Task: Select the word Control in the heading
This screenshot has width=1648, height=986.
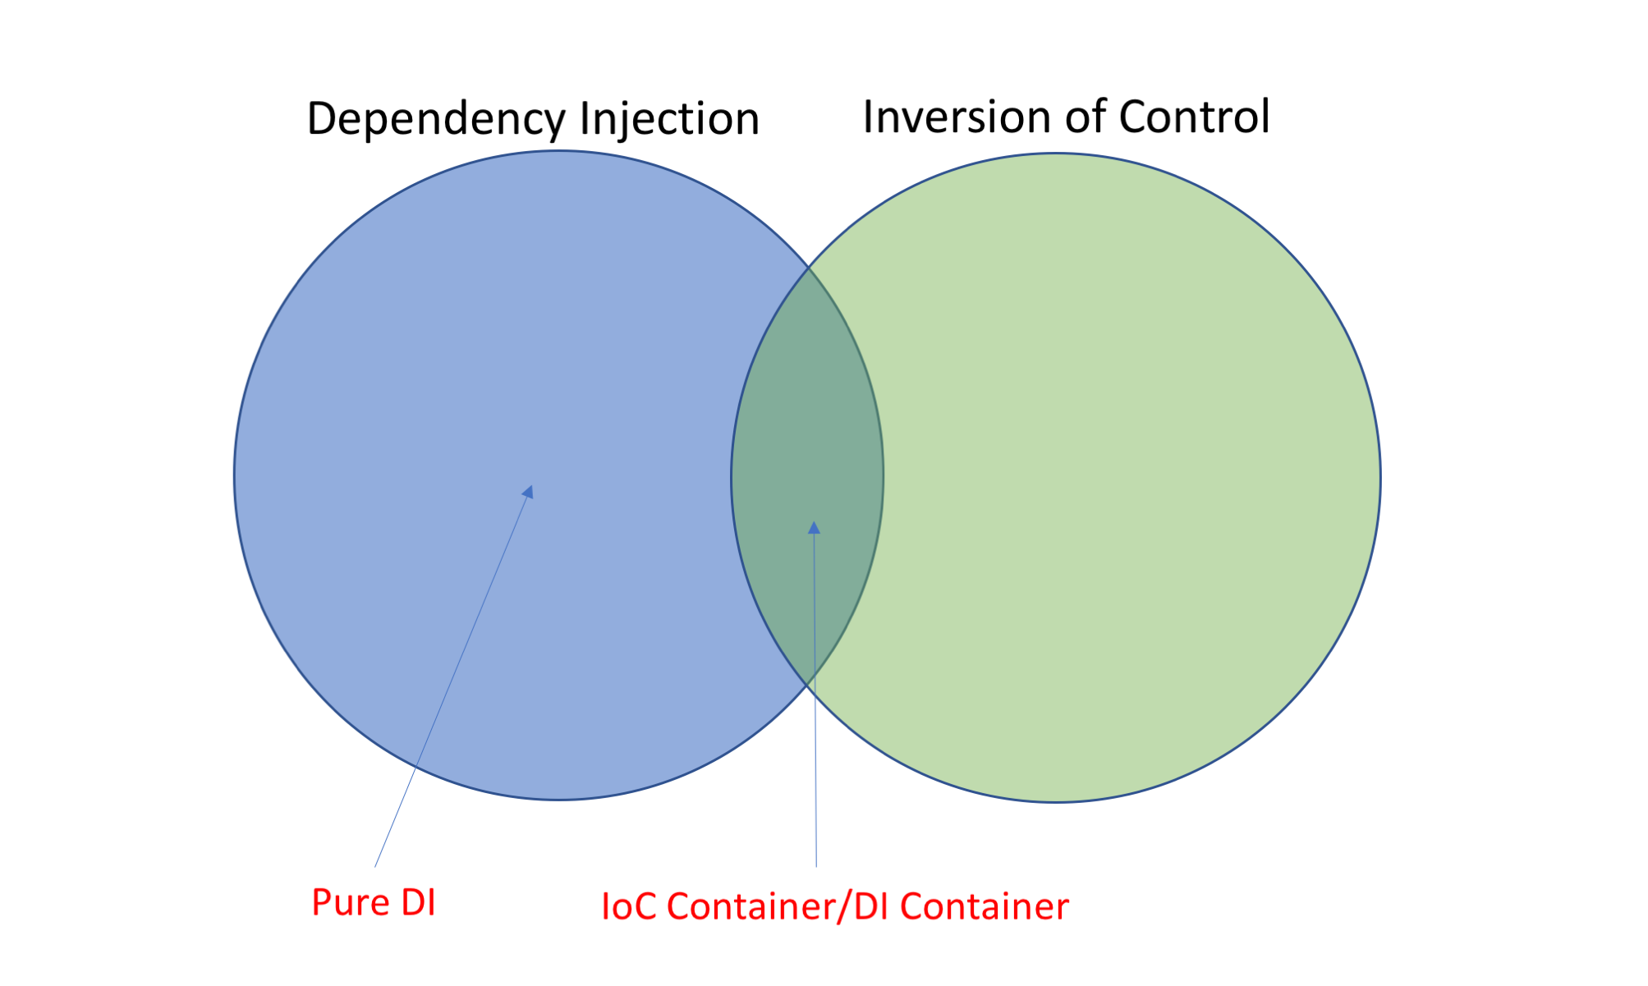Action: [x=1194, y=117]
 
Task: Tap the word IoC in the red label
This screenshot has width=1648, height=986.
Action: [x=629, y=907]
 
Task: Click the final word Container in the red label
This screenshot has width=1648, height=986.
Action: [x=985, y=907]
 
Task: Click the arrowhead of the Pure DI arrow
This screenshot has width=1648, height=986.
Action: [x=529, y=491]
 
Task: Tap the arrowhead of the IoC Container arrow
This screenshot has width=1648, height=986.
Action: [x=814, y=527]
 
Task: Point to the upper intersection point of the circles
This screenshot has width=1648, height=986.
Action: [x=809, y=267]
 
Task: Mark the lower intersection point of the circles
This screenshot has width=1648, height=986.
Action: [x=809, y=683]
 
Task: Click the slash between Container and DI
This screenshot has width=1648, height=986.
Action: [x=843, y=908]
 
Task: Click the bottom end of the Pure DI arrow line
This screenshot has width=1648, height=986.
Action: [x=375, y=866]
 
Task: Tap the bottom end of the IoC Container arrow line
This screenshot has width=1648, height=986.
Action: [x=816, y=866]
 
